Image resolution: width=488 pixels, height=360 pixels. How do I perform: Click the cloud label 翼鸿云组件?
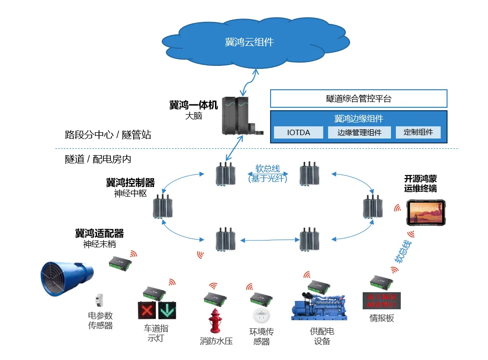(x=249, y=42)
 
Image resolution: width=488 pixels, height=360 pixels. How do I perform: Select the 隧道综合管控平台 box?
(x=358, y=99)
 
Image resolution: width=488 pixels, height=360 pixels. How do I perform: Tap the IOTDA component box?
(x=298, y=132)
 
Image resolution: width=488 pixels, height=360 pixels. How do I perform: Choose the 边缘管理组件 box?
(x=359, y=132)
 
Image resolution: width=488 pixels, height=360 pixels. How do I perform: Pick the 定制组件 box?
(x=418, y=132)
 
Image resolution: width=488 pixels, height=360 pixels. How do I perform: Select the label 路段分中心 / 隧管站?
(x=108, y=135)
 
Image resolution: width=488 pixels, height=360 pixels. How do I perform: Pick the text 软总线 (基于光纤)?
(x=268, y=174)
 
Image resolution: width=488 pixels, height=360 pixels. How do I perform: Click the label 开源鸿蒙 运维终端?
(x=420, y=183)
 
